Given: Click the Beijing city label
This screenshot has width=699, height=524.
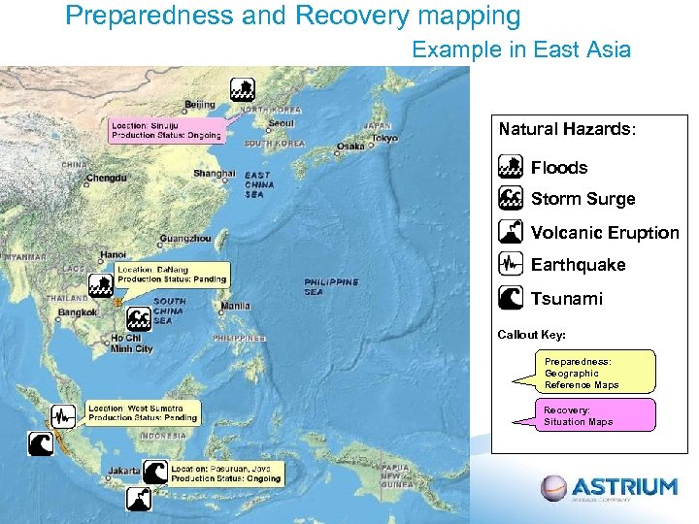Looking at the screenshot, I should tap(199, 104).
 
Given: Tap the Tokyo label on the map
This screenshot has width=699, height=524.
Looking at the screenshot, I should tap(383, 138).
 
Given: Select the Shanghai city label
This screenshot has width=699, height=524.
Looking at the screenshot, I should tap(214, 174).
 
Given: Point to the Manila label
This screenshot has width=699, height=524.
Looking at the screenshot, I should tap(235, 307).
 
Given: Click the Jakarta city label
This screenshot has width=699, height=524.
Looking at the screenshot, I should tap(124, 471).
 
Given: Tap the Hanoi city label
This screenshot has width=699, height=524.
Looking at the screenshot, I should tap(113, 255).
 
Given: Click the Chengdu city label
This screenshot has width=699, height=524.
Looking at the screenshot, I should tap(106, 179).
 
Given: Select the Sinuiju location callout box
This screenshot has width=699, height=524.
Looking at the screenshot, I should tap(166, 131).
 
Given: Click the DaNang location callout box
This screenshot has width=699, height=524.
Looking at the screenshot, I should tap(172, 274).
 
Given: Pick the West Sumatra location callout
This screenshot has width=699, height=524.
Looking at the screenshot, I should tap(143, 412).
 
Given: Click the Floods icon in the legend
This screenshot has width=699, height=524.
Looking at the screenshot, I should tap(510, 167).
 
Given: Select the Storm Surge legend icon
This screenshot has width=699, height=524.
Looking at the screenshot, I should tap(510, 199).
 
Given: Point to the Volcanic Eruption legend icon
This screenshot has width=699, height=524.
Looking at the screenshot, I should tap(510, 232).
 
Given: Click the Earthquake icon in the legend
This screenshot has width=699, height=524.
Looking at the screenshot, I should tap(510, 264).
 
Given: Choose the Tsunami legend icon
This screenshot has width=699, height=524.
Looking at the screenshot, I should tap(510, 298).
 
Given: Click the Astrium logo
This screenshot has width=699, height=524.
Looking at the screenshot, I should tap(610, 488).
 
